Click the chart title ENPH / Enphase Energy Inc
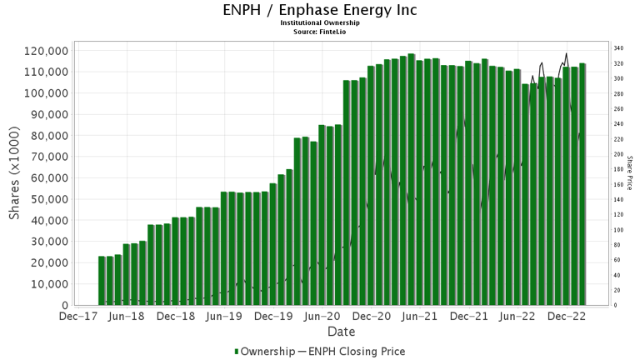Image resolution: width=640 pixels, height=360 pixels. pyautogui.click(x=320, y=10)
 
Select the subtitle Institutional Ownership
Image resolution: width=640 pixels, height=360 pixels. pyautogui.click(x=320, y=22)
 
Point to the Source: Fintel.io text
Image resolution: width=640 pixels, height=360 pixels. pyautogui.click(x=320, y=31)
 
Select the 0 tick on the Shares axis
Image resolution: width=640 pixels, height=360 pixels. pyautogui.click(x=63, y=306)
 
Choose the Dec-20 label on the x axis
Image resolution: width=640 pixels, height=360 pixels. pyautogui.click(x=372, y=317)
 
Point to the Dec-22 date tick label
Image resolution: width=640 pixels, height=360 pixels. pyautogui.click(x=569, y=317)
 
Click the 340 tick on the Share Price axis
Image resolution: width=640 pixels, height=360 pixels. pyautogui.click(x=619, y=48)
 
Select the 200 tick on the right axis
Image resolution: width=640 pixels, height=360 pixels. pyautogui.click(x=619, y=154)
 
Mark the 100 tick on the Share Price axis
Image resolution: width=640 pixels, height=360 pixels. pyautogui.click(x=619, y=230)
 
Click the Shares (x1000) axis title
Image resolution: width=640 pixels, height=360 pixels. pyautogui.click(x=15, y=177)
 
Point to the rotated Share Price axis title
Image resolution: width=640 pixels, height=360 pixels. pyautogui.click(x=631, y=172)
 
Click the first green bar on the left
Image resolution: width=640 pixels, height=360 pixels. pyautogui.click(x=102, y=281)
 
